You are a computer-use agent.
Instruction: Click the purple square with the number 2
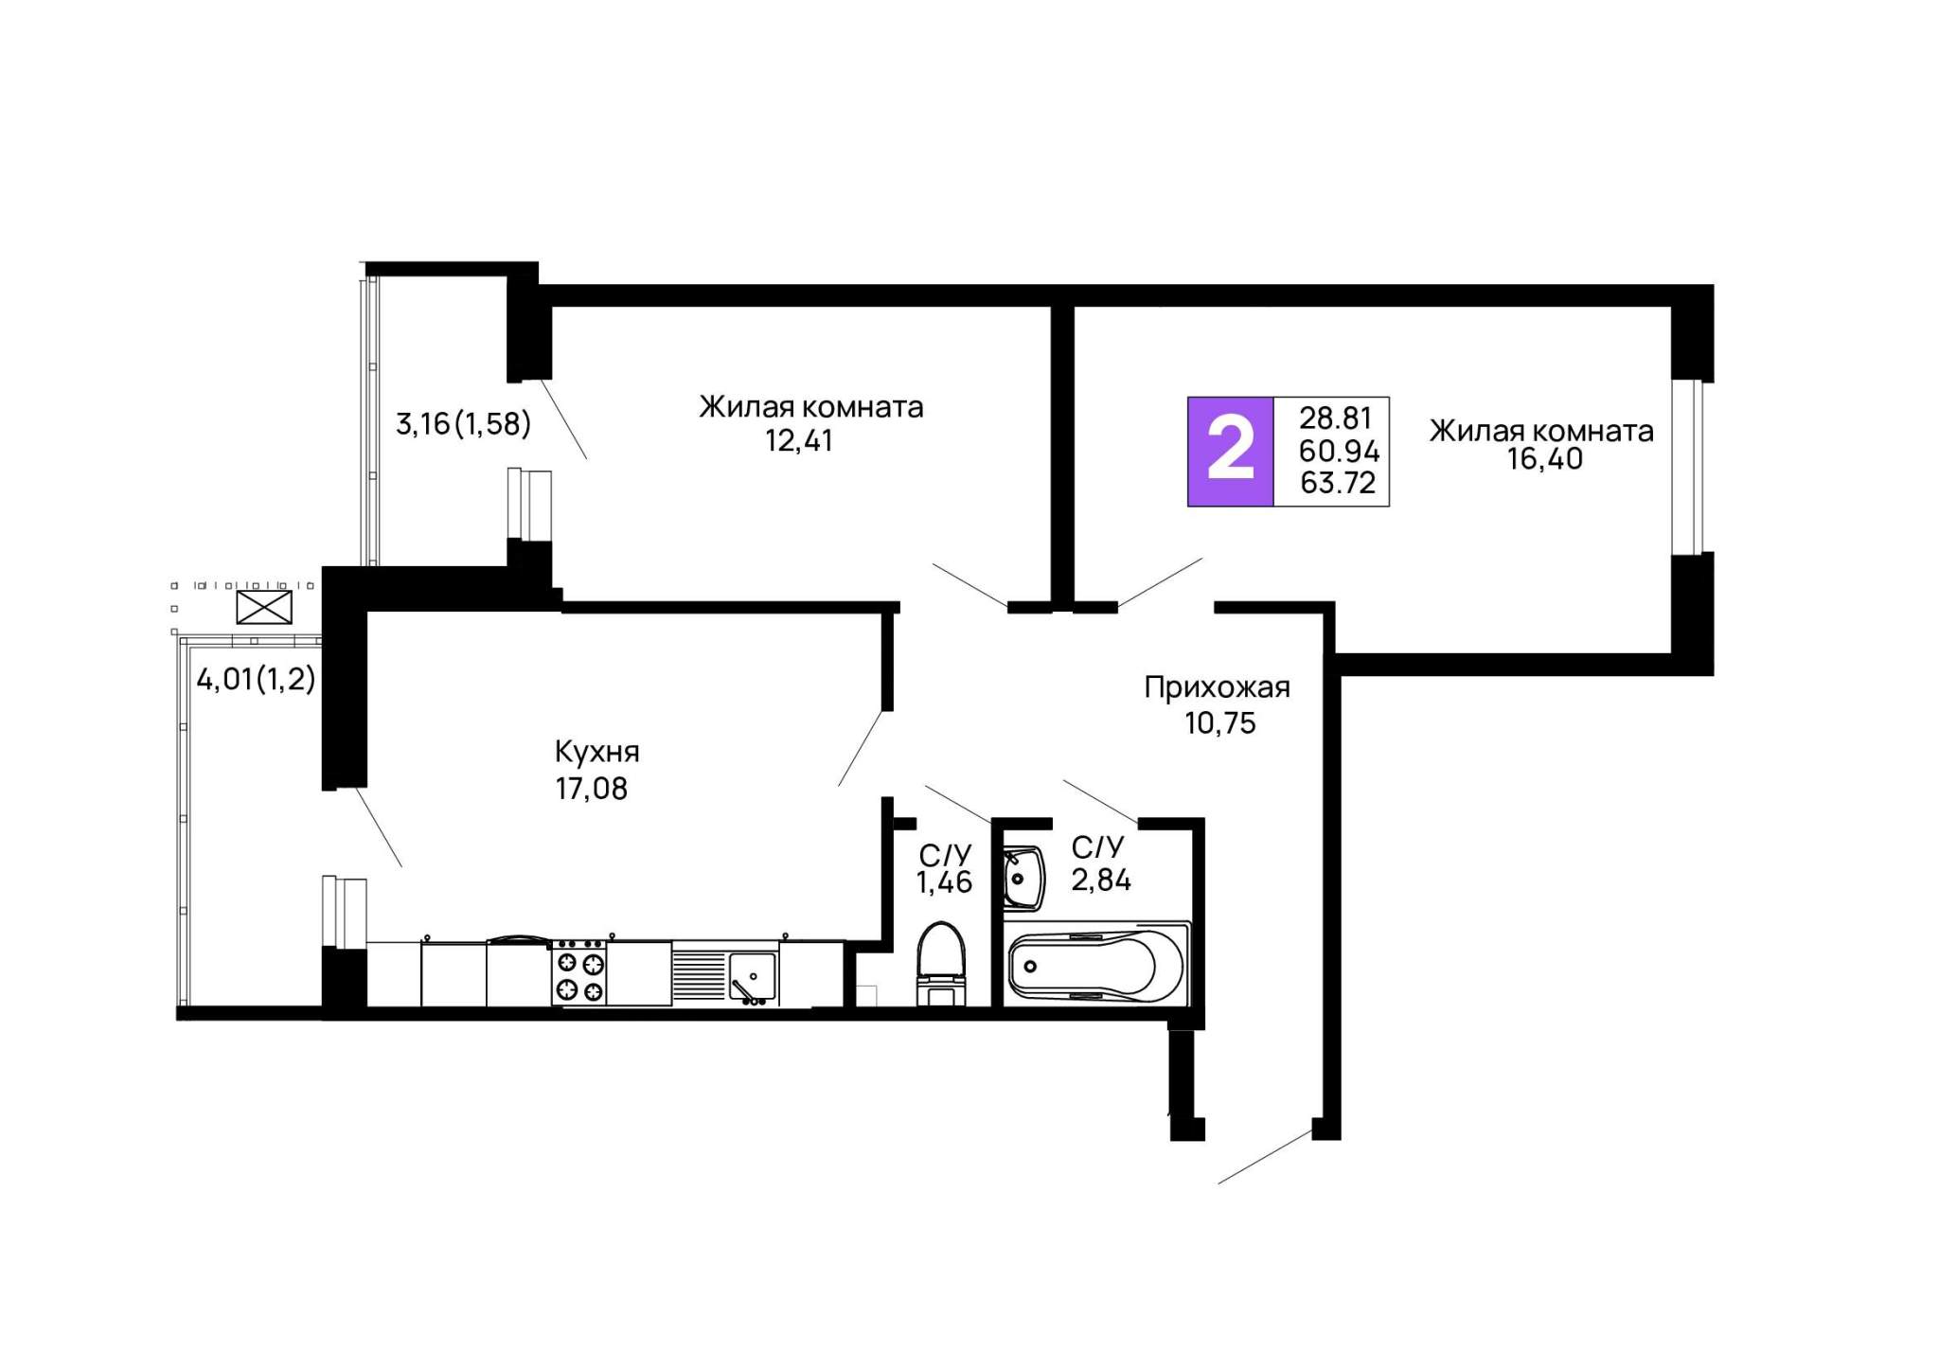[x=1230, y=452]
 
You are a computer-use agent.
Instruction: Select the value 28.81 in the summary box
[x=1335, y=418]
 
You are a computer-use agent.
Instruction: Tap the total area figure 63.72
[x=1338, y=483]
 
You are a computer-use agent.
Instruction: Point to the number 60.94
[x=1339, y=451]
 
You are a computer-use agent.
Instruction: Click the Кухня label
[x=596, y=753]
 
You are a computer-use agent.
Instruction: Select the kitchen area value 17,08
[x=591, y=789]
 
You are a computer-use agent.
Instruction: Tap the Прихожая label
[x=1217, y=687]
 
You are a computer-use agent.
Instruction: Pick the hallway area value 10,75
[x=1219, y=723]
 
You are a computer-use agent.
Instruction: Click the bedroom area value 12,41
[x=799, y=441]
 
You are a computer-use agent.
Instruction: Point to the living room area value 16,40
[x=1545, y=459]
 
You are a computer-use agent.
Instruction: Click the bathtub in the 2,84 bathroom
[x=1096, y=963]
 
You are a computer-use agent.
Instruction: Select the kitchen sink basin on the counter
[x=752, y=976]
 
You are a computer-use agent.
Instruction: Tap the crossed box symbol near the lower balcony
[x=264, y=607]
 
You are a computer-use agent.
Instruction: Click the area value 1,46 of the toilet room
[x=944, y=882]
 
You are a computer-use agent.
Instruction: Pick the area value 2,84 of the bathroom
[x=1101, y=881]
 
